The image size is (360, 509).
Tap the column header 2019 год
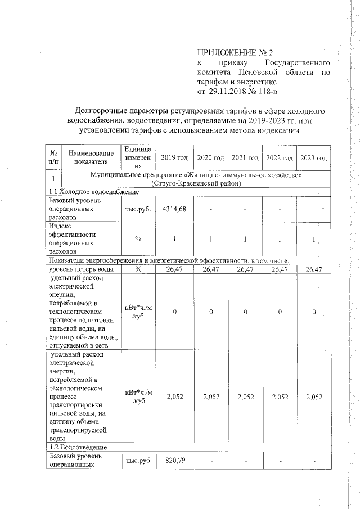tap(175, 158)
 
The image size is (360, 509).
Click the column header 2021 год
tap(245, 158)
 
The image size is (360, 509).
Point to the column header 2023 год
tap(313, 158)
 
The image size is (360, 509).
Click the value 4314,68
tap(174, 209)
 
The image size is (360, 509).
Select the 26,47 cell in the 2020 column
tap(210, 269)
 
